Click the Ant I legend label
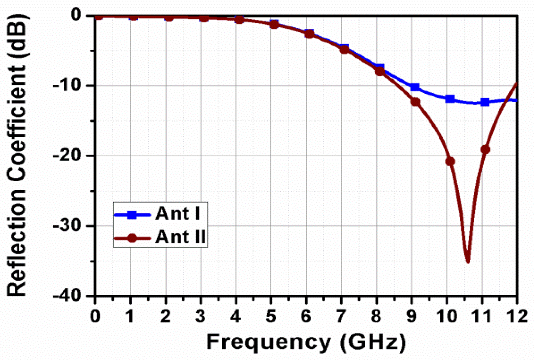tap(178, 213)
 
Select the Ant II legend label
tap(180, 237)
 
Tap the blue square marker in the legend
tap(132, 215)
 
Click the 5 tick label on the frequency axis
tap(271, 317)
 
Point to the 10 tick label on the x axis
tap(447, 317)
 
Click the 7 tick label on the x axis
tap(341, 317)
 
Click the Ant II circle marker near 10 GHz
tap(450, 161)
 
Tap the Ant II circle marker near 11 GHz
tap(485, 150)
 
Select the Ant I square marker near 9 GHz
tap(415, 87)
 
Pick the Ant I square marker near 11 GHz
tap(485, 102)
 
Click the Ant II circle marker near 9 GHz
tap(415, 102)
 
